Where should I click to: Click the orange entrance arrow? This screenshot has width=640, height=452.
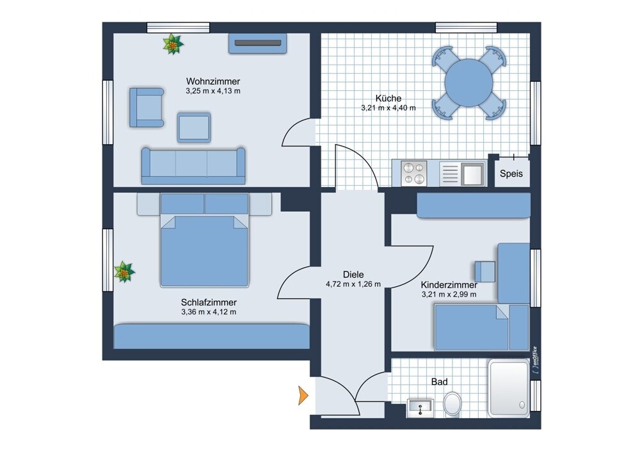pos(303,395)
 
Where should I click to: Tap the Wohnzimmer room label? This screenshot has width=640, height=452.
pos(213,81)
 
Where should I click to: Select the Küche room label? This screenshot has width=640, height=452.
pos(388,99)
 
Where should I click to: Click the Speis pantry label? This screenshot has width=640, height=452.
pos(511,174)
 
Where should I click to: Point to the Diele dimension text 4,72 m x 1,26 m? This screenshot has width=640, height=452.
pos(353,284)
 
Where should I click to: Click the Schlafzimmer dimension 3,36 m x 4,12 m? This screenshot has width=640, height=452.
pos(209,312)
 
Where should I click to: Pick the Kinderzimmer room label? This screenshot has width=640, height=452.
pos(449,285)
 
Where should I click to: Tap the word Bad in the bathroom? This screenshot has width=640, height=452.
pos(440,382)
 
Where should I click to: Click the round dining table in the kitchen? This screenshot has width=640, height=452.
pos(468,83)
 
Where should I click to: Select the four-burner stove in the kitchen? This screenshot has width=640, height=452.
pos(414,174)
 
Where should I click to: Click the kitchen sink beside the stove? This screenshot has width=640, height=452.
pos(472,174)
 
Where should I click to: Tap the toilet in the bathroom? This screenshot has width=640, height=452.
pos(452,404)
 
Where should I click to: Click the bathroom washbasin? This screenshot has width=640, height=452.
pos(420,408)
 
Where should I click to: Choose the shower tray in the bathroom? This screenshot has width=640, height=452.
pos(509,388)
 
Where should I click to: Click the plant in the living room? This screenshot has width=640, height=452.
pos(173,44)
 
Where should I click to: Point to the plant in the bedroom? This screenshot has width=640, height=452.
pos(124,272)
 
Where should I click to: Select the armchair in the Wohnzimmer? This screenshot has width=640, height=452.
pos(147,107)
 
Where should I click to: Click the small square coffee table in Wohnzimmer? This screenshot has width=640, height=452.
pos(194,127)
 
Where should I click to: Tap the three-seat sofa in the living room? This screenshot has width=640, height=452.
pos(193,166)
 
